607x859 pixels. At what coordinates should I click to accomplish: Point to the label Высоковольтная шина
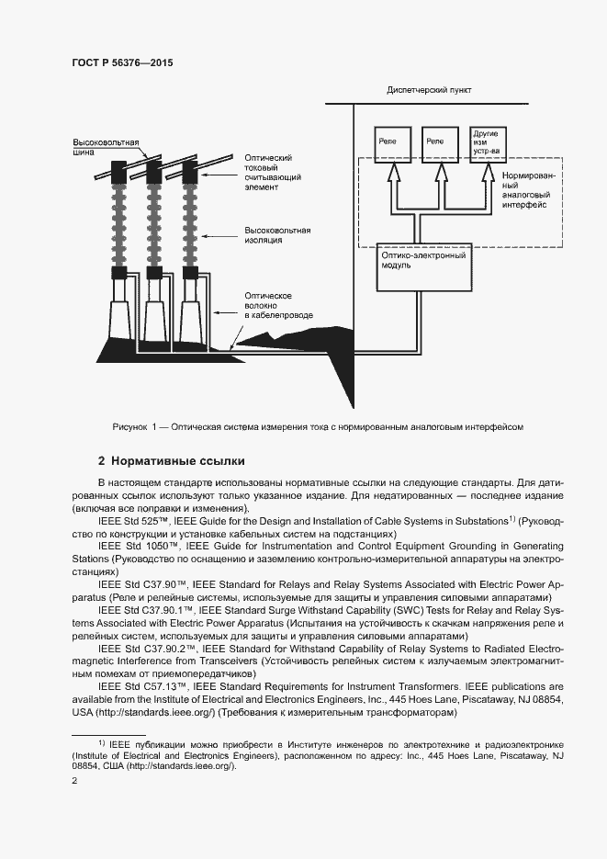[106, 148]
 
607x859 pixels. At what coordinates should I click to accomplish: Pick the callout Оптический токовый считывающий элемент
[273, 172]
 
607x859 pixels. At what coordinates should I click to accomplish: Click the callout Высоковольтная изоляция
[277, 234]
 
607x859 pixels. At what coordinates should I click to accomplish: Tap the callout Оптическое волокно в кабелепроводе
[278, 305]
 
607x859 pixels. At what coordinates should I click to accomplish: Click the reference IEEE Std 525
[136, 521]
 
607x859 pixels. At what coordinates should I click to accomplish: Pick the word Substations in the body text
[477, 521]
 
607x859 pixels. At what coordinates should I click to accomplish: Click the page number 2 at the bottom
[74, 781]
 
